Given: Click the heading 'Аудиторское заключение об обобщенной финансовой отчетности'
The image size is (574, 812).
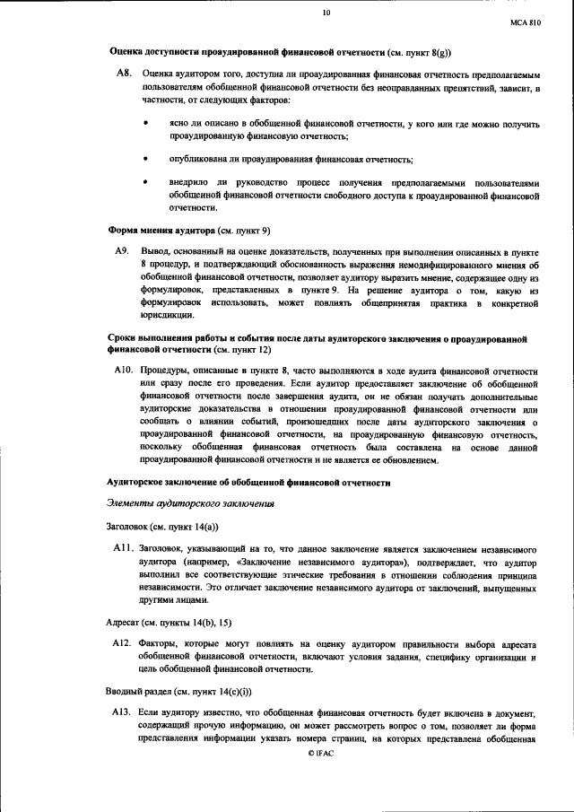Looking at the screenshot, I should tap(248, 483).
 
